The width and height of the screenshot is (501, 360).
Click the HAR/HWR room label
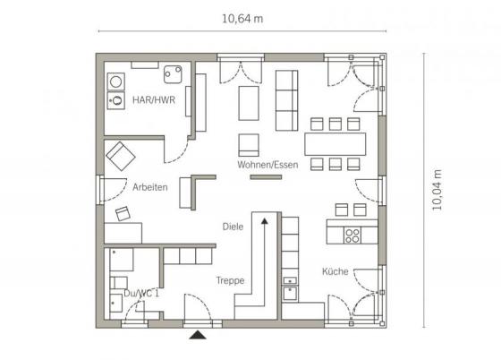(154, 100)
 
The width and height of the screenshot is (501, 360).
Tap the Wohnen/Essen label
(267, 165)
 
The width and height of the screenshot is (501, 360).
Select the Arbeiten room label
(150, 187)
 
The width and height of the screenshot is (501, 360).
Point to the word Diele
(233, 227)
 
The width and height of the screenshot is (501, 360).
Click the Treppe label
(230, 280)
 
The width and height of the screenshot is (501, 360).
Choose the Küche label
(335, 271)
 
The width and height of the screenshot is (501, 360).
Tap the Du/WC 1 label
(141, 293)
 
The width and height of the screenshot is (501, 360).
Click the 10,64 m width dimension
(242, 19)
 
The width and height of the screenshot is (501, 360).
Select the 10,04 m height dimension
(437, 190)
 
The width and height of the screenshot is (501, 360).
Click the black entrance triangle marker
(198, 335)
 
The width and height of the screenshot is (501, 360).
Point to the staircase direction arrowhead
(265, 220)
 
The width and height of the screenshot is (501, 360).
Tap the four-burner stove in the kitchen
(352, 236)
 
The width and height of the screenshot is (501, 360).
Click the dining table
(335, 144)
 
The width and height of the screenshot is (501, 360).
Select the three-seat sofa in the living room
(286, 100)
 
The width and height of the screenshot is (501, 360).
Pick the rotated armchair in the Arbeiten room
(121, 156)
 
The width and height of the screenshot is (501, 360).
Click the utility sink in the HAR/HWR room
(173, 74)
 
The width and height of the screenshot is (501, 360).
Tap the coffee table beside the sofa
(249, 103)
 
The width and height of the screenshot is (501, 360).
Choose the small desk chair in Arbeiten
(123, 213)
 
